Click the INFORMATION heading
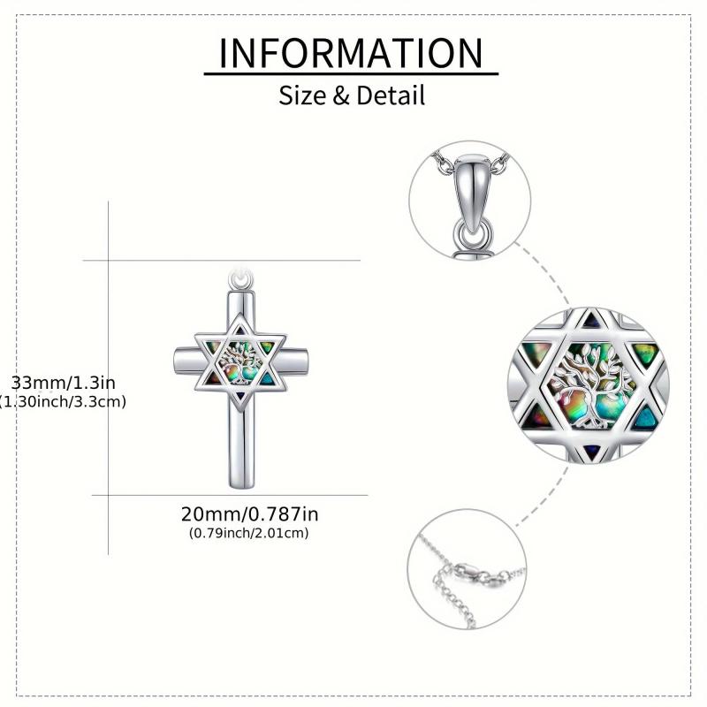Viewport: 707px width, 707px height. pos(351,53)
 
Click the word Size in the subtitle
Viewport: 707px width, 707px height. pos(301,95)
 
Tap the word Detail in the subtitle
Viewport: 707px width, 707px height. pos(391,95)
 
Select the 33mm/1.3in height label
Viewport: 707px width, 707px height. pos(63,383)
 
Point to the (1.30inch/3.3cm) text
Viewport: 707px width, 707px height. pos(63,401)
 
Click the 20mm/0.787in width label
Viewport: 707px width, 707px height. pos(250,514)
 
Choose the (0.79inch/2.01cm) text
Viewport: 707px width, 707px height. pos(249,533)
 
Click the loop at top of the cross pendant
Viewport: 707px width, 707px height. pos(240,279)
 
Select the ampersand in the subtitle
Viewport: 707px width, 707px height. pos(341,95)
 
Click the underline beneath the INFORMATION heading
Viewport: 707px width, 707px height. pos(351,73)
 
